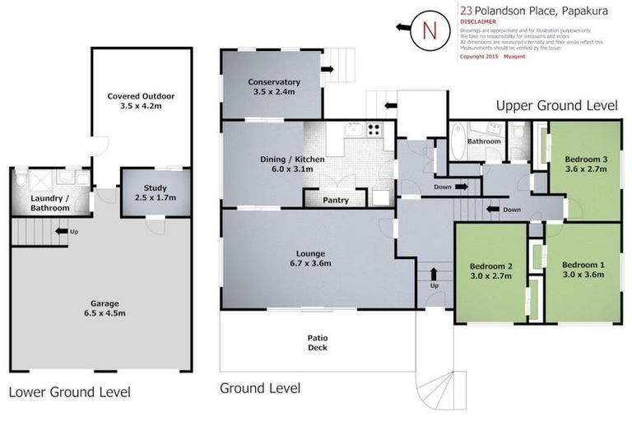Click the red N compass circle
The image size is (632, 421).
(x=428, y=30)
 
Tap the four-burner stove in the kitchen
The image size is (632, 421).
(x=374, y=131)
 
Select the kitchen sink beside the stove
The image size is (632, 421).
(x=352, y=130)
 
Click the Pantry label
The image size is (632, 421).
(x=335, y=200)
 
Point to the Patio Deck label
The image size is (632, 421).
(x=318, y=341)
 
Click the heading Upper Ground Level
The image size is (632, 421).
(x=556, y=105)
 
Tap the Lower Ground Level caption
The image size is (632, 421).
(x=69, y=391)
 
